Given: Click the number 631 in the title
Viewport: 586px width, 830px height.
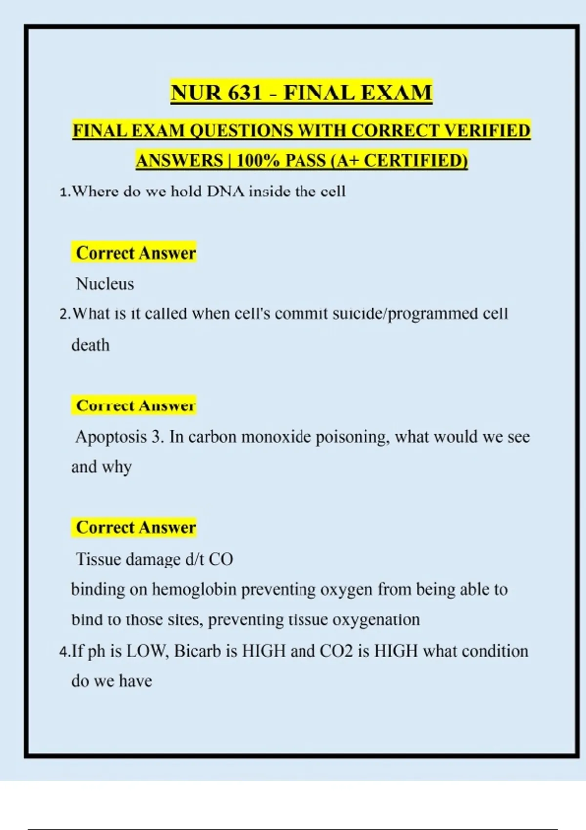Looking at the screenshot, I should (x=244, y=92).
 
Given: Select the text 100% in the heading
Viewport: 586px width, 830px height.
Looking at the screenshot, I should (x=257, y=161).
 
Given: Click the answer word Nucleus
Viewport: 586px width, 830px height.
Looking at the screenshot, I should (x=105, y=284).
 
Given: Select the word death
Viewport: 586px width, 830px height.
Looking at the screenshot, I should (x=90, y=345).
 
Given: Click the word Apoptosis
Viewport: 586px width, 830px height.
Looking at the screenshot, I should (x=111, y=436).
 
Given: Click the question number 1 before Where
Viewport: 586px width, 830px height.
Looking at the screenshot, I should (x=63, y=192).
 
